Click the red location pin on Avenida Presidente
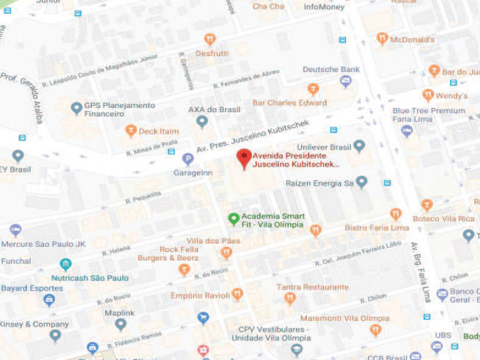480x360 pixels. tap(243, 157)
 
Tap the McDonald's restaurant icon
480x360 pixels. tap(383, 39)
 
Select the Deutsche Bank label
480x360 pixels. tap(331, 69)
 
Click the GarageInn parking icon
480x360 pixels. tap(189, 160)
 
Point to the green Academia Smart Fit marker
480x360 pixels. tap(234, 219)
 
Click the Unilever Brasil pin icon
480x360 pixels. tap(359, 147)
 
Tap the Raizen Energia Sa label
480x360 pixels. tap(319, 183)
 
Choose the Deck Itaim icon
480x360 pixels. tap(131, 130)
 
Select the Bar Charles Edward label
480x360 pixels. tap(290, 103)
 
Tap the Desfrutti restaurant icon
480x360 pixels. tap(210, 39)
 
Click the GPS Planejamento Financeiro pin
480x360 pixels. tap(76, 108)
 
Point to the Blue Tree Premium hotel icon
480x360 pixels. tap(407, 130)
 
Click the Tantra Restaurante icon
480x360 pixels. tap(290, 298)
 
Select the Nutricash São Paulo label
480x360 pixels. tap(90, 278)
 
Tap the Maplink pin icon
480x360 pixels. tap(120, 323)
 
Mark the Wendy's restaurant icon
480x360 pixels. tap(428, 95)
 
